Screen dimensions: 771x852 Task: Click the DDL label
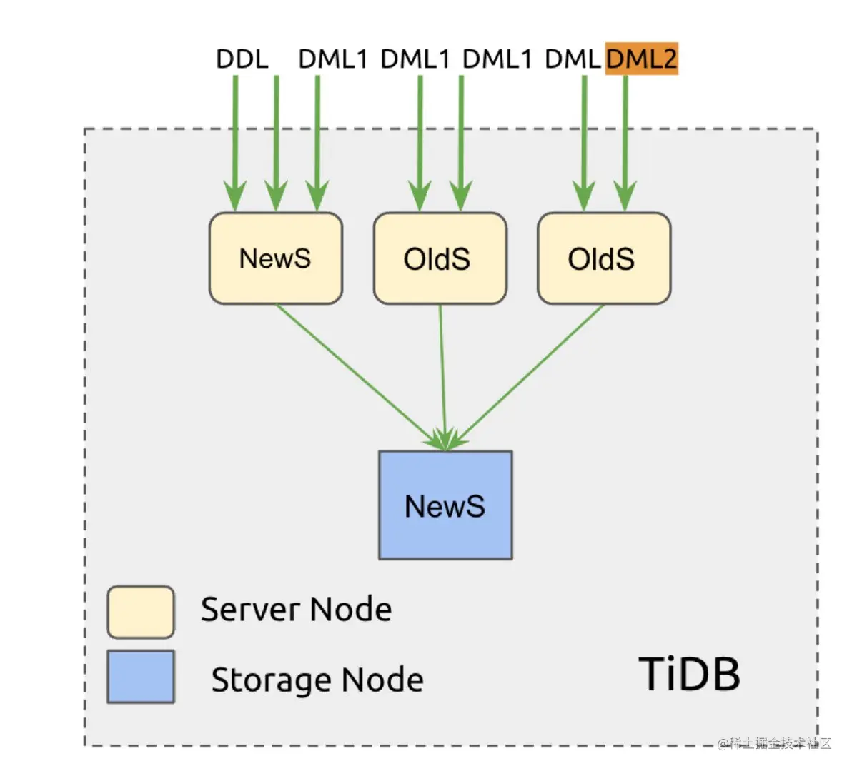tap(242, 59)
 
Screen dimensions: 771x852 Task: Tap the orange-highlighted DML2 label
tap(641, 59)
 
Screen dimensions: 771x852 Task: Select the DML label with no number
tap(573, 59)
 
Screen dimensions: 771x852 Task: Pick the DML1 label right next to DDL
tap(332, 59)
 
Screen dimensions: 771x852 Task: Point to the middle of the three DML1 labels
tap(415, 59)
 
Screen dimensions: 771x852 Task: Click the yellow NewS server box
tap(275, 258)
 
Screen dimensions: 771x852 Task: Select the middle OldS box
tap(440, 258)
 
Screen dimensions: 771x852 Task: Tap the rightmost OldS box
tap(603, 258)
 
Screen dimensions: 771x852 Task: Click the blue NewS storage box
tap(445, 505)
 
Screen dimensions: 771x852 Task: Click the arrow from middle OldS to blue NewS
tap(443, 375)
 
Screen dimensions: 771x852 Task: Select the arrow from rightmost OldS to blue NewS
tap(529, 375)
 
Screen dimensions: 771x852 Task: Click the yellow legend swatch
tap(141, 612)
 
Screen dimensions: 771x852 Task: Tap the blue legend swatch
tap(141, 676)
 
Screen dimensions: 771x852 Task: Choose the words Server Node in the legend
tap(296, 610)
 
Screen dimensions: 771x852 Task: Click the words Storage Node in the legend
tap(317, 680)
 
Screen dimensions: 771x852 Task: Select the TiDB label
tap(689, 674)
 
